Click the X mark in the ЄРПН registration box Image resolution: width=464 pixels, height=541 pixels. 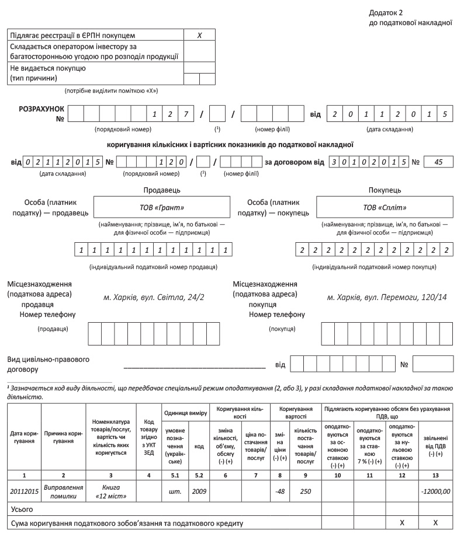coord(199,36)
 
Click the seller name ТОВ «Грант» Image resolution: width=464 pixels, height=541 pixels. coord(162,207)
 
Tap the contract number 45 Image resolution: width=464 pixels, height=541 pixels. coord(439,162)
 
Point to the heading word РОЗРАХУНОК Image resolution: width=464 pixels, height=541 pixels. coord(42,109)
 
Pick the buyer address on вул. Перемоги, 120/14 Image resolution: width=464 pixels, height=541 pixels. coord(387,298)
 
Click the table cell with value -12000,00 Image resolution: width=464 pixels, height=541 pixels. coord(435,491)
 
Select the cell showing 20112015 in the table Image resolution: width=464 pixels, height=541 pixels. coord(24,491)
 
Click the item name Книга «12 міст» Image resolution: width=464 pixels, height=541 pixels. coord(110,491)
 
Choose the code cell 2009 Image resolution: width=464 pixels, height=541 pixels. coord(199,491)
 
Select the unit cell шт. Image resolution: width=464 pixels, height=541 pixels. coord(175,491)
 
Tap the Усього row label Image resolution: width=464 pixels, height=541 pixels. coord(22,509)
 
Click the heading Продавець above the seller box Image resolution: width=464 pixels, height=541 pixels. coord(161,190)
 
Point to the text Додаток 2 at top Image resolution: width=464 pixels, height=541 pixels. coord(386,12)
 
